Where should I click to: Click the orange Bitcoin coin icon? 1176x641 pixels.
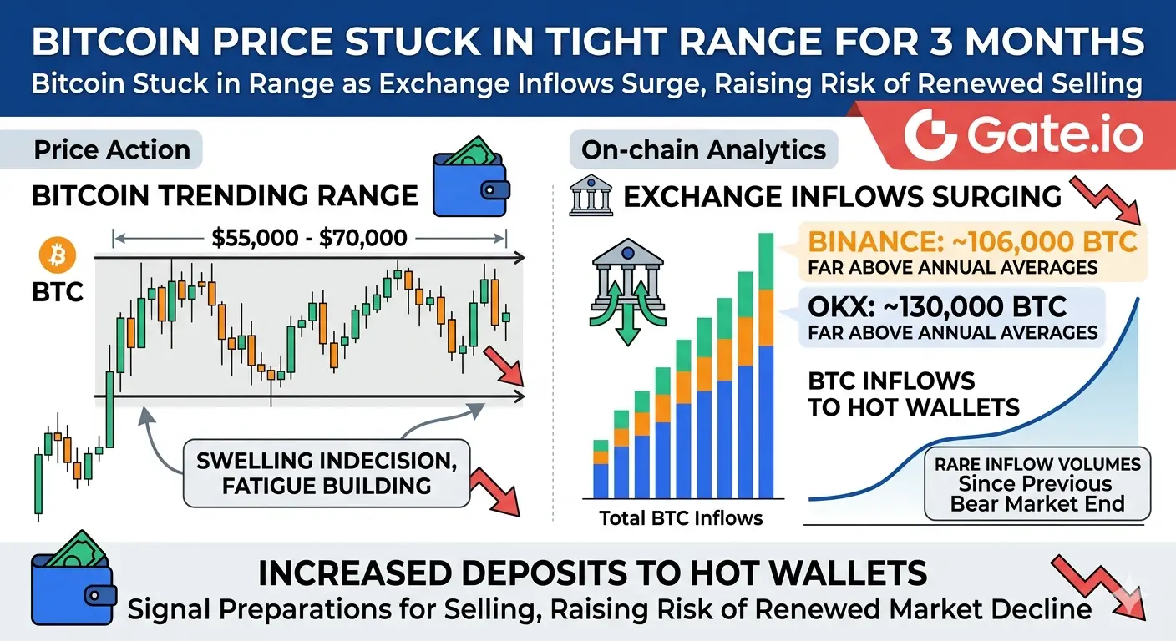(58, 255)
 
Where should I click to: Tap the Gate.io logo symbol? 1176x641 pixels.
(930, 135)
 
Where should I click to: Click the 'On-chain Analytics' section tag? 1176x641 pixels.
(703, 150)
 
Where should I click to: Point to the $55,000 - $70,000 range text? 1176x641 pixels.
(309, 238)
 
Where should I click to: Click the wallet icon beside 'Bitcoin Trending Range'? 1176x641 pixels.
(471, 177)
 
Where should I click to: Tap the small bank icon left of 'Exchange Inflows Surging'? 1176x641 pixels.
(591, 195)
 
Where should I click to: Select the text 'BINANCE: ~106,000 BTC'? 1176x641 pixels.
(972, 242)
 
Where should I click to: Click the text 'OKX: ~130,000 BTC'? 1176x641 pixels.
(936, 307)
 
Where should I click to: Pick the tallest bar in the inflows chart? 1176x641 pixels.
(766, 366)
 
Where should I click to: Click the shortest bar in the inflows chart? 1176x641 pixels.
(601, 469)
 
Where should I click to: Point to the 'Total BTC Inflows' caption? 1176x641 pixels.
(681, 518)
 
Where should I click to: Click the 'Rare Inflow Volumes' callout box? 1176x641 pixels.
(1037, 483)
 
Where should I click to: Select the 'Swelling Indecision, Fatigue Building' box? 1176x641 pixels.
(327, 473)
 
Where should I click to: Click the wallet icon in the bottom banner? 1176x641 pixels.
(73, 578)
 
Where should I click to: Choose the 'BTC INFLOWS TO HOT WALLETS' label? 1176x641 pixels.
(914, 394)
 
